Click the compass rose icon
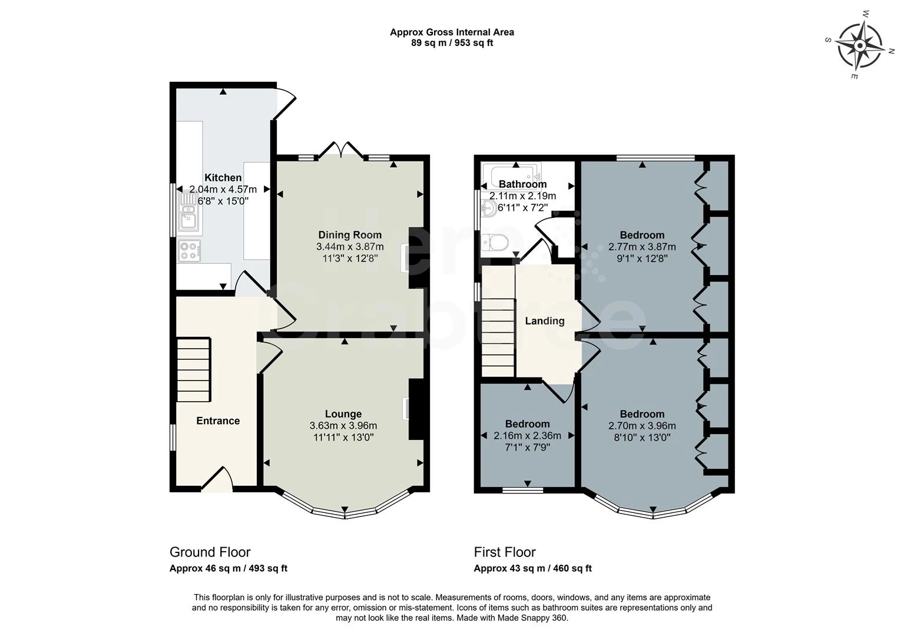click(x=860, y=45)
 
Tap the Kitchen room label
click(x=223, y=178)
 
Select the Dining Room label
click(x=350, y=235)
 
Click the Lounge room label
click(x=343, y=414)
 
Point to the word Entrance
click(x=218, y=420)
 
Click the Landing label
click(x=545, y=321)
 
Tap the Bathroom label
click(x=522, y=184)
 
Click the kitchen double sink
click(x=188, y=211)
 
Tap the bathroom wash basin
click(x=488, y=207)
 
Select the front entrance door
click(x=217, y=480)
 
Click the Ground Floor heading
click(x=210, y=552)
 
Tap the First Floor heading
click(x=505, y=552)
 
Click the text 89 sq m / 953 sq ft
click(x=452, y=43)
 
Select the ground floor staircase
click(x=193, y=369)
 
